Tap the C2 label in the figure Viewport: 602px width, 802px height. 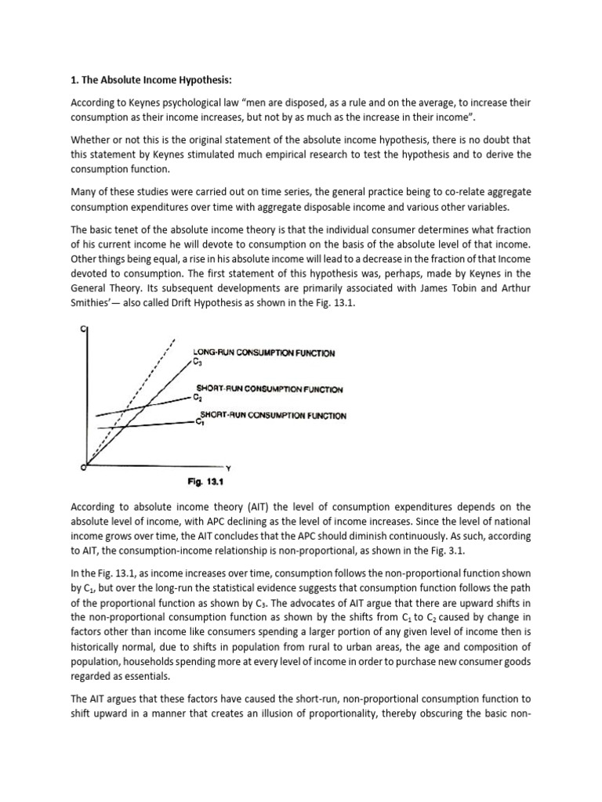point(198,397)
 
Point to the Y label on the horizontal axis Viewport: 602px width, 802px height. point(228,468)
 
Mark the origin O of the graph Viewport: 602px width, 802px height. point(83,468)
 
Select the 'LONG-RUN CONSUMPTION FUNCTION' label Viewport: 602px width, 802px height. point(264,353)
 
